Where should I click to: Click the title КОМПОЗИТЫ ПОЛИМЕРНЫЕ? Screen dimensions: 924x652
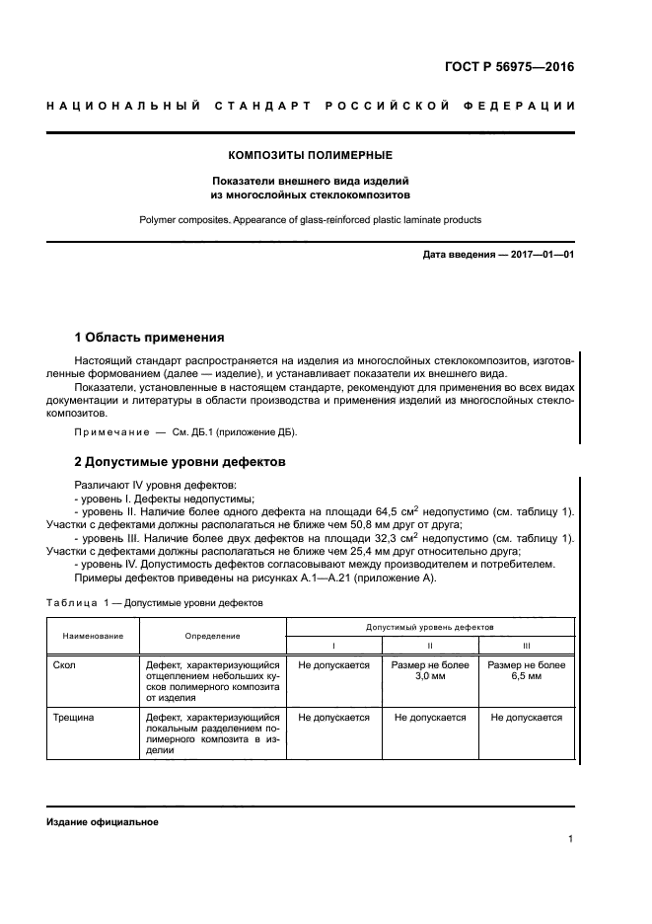[311, 155]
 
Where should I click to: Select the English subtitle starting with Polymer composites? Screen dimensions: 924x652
[311, 220]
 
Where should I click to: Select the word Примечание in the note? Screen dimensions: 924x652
[109, 432]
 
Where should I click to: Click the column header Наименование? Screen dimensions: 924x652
[94, 636]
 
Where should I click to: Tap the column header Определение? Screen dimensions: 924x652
[213, 636]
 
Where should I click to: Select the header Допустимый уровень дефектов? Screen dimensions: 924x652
[429, 627]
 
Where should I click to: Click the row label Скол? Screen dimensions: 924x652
[65, 665]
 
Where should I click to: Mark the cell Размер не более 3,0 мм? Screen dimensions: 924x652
[429, 671]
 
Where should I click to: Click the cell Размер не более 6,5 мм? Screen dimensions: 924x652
[526, 671]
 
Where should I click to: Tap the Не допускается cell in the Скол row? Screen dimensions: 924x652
[333, 665]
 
